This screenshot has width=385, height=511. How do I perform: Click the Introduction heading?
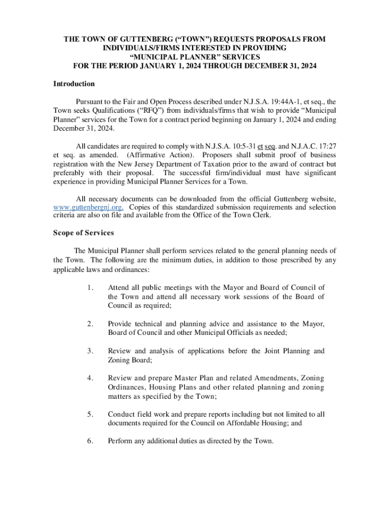coord(74,84)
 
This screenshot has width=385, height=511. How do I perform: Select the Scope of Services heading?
coord(83,233)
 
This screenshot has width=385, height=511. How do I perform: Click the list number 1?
coord(89,287)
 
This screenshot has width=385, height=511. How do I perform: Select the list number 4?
coord(89,378)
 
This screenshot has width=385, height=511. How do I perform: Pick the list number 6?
coord(89,441)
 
